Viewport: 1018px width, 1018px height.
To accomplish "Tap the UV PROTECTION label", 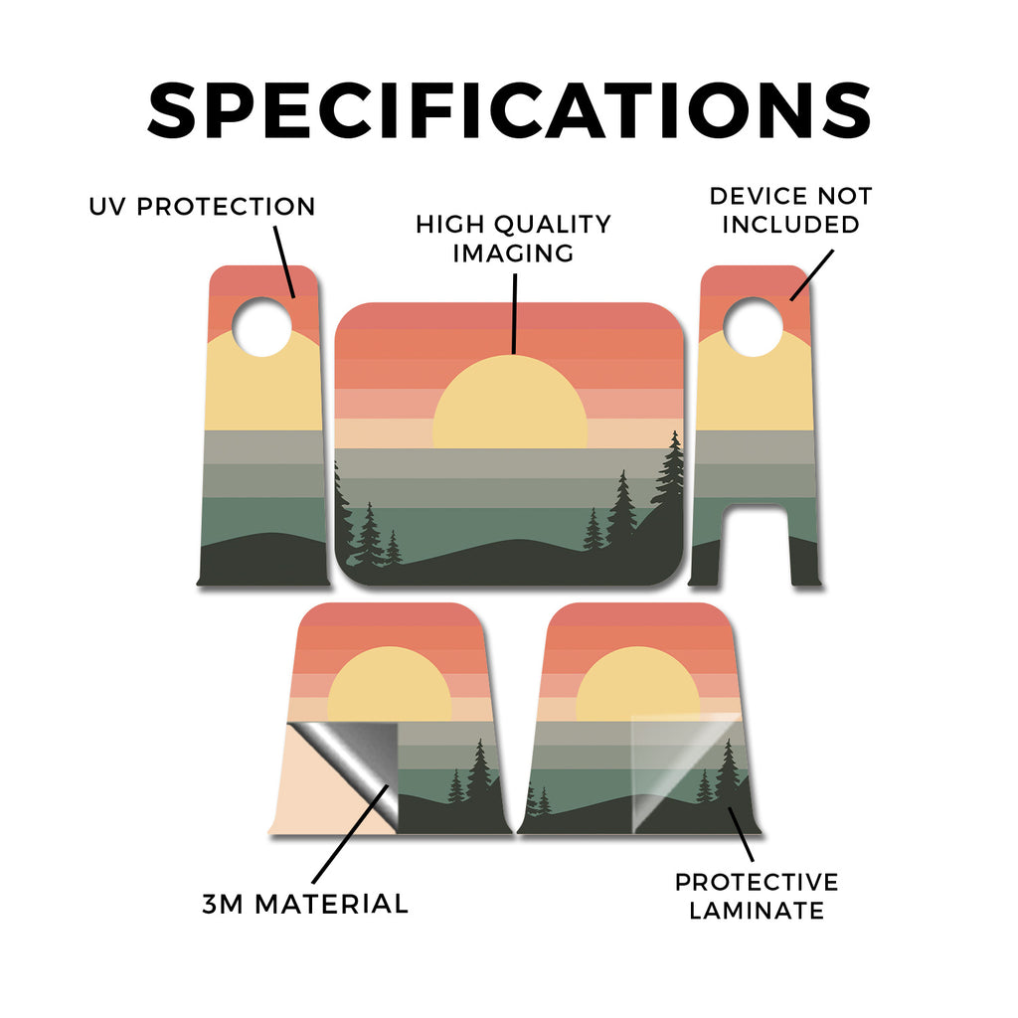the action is tap(202, 207).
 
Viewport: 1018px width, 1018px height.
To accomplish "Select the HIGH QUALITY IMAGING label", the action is tap(513, 239).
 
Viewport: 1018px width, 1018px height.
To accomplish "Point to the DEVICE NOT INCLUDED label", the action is tap(790, 211).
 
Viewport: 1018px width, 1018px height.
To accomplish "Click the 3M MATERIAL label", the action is tap(305, 904).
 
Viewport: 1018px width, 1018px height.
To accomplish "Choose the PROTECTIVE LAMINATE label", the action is tap(757, 896).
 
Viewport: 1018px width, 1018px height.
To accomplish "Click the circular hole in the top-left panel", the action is tap(261, 326).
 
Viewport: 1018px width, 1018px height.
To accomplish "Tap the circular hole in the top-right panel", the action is tap(754, 326).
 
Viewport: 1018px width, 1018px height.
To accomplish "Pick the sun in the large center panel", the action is tap(510, 402).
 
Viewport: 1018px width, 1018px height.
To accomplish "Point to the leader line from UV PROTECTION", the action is tap(284, 261).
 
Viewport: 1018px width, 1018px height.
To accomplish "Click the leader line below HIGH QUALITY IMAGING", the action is tap(515, 313).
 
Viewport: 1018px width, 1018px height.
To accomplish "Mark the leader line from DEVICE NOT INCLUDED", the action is tap(811, 275).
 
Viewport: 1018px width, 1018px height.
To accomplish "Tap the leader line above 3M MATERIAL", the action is tap(351, 834).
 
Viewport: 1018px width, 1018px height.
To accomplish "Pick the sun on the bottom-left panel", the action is tap(389, 684).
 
